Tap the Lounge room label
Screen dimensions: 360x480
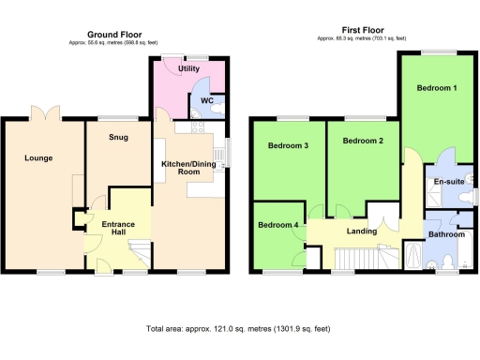(x=38, y=157)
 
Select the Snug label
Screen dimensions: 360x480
(x=116, y=139)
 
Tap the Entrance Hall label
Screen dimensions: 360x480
(x=118, y=228)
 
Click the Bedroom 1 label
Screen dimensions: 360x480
(x=437, y=89)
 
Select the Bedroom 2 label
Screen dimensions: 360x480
(x=363, y=141)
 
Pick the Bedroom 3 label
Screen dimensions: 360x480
(x=289, y=145)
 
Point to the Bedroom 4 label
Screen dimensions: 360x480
(x=278, y=225)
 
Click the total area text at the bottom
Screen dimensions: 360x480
(x=239, y=329)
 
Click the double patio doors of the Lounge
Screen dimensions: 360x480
(x=44, y=115)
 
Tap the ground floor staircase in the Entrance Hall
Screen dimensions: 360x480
(x=137, y=251)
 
